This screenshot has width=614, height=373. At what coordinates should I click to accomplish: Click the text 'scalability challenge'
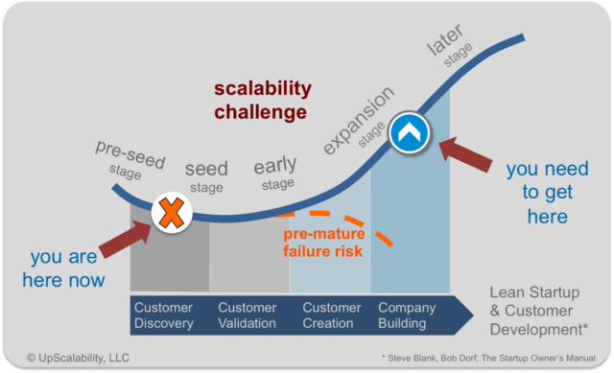tap(261, 100)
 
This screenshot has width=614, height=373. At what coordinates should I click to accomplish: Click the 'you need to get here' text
tap(547, 193)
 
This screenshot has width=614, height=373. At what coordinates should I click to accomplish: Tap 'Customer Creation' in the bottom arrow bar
tap(332, 315)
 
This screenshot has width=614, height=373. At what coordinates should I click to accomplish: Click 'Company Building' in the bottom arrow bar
tap(408, 315)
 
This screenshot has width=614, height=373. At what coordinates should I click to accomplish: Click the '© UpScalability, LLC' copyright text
tap(74, 357)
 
